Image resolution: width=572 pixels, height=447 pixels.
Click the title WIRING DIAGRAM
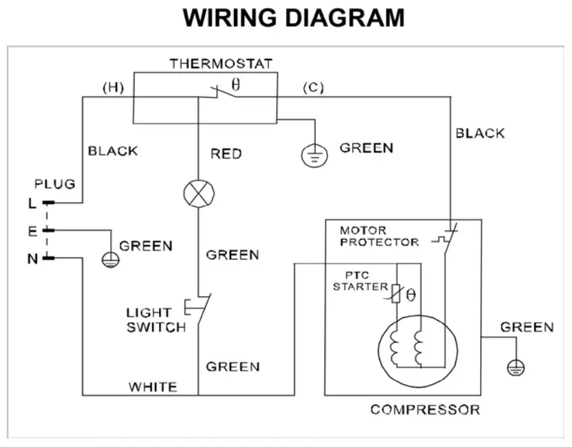tap(293, 18)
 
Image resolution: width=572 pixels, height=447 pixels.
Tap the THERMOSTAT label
tap(220, 64)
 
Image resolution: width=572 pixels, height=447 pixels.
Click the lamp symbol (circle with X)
tap(199, 194)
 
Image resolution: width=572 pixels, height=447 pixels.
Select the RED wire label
tap(226, 154)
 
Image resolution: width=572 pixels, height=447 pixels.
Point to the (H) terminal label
tap(112, 88)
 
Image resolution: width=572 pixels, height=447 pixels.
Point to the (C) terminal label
tap(312, 88)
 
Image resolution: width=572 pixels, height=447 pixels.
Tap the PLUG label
tap(55, 184)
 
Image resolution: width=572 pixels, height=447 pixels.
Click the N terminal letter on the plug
tap(32, 258)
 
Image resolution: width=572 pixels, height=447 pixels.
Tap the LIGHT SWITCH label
tap(156, 320)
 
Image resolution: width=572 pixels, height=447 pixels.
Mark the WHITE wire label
tap(153, 387)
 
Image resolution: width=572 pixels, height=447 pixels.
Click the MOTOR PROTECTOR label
tap(379, 236)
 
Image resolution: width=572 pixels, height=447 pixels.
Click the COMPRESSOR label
tap(425, 409)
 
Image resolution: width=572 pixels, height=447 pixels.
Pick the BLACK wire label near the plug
tap(113, 151)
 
